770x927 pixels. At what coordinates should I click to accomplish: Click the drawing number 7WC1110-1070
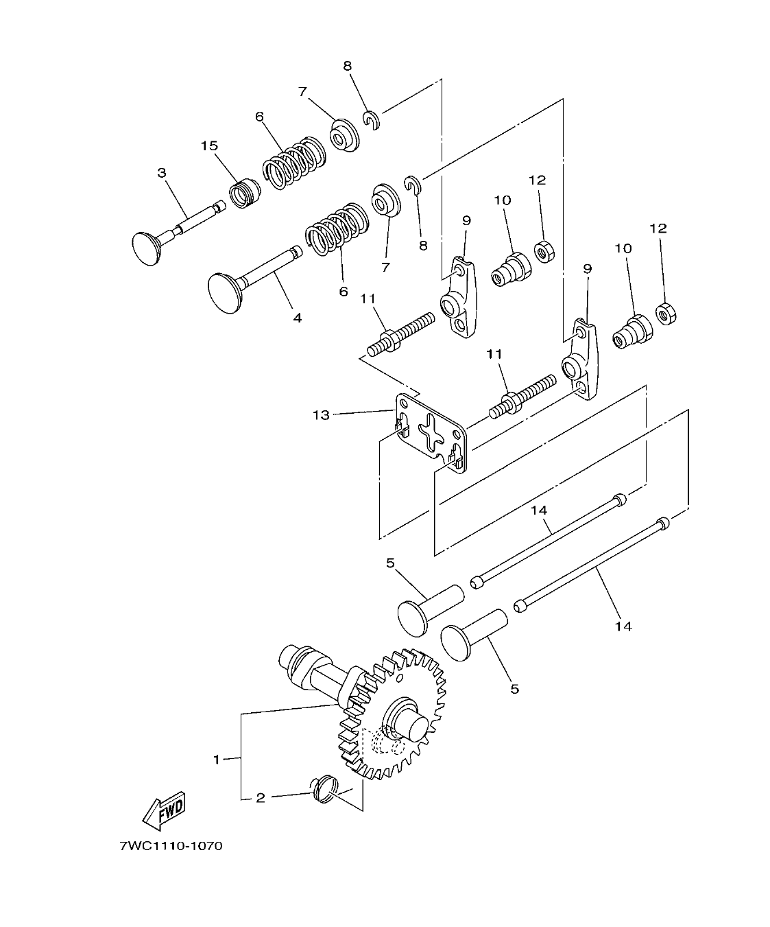pyautogui.click(x=171, y=846)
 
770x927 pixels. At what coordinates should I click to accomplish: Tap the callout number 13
pyautogui.click(x=322, y=415)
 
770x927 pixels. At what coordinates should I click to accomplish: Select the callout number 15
pyautogui.click(x=209, y=146)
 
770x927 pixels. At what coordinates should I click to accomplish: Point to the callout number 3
pyautogui.click(x=162, y=173)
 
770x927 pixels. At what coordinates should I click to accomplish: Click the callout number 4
pyautogui.click(x=297, y=318)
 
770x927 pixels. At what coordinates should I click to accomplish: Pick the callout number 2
pyautogui.click(x=260, y=798)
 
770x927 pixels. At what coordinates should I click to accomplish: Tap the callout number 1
pyautogui.click(x=217, y=760)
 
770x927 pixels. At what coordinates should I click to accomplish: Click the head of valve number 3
pyautogui.click(x=145, y=248)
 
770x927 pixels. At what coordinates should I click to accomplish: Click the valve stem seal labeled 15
pyautogui.click(x=245, y=193)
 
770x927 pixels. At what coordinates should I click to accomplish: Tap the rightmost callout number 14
pyautogui.click(x=623, y=626)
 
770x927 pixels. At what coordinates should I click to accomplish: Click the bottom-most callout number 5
pyautogui.click(x=514, y=688)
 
